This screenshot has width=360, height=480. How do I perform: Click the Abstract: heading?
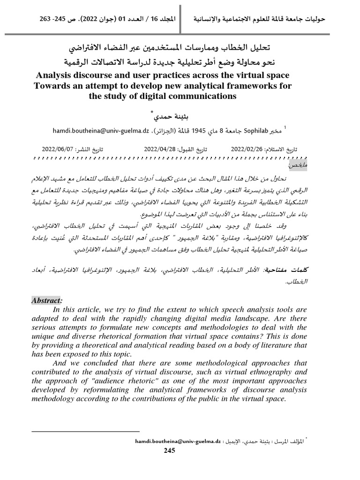(x=47, y=300)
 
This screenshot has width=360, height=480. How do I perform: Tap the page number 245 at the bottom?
(x=169, y=451)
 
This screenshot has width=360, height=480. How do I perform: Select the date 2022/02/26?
(x=247, y=149)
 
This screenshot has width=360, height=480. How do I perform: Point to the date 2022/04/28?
(x=160, y=149)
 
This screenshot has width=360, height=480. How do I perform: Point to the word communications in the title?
(x=204, y=97)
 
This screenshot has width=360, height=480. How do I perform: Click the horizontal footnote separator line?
(x=86, y=431)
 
